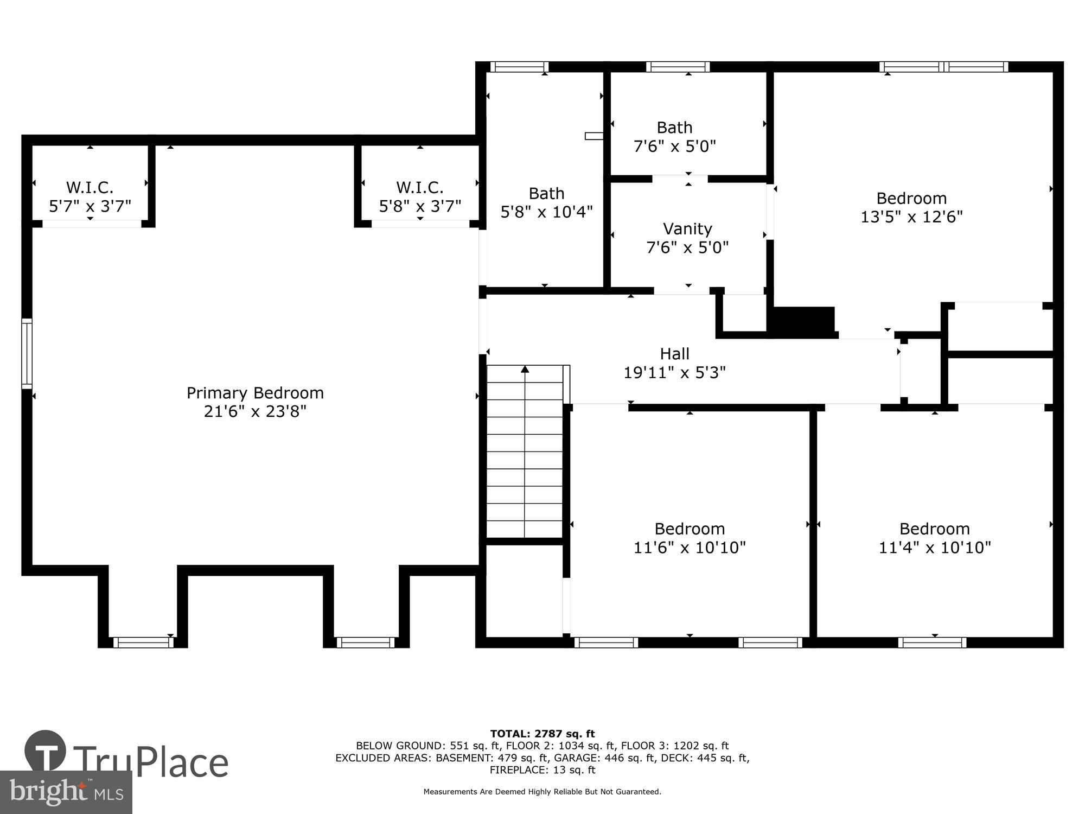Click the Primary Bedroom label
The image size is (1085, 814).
coord(255,392)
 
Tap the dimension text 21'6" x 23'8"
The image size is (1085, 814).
coord(255,411)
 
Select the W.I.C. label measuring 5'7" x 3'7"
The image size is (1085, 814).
coord(90,188)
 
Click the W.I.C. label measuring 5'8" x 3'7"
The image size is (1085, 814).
coord(420,188)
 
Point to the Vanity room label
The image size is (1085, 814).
coord(687,228)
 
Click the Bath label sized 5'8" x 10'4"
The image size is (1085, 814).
coord(546,194)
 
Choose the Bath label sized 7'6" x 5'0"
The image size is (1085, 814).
coord(674,128)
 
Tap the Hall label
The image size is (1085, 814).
coord(674,354)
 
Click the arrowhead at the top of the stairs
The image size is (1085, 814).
coord(525,370)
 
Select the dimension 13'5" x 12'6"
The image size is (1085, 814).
coord(911,217)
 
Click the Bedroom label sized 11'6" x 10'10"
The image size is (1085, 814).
coord(690,529)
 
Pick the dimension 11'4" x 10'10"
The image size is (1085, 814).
coord(934,548)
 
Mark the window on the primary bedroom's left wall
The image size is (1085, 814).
coord(27,354)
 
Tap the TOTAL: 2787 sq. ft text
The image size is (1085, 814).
coord(542,734)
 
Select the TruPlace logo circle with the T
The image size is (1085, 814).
coord(46,752)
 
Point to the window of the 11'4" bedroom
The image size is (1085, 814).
coord(932,643)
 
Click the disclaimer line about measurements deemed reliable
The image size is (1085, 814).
coord(542,792)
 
